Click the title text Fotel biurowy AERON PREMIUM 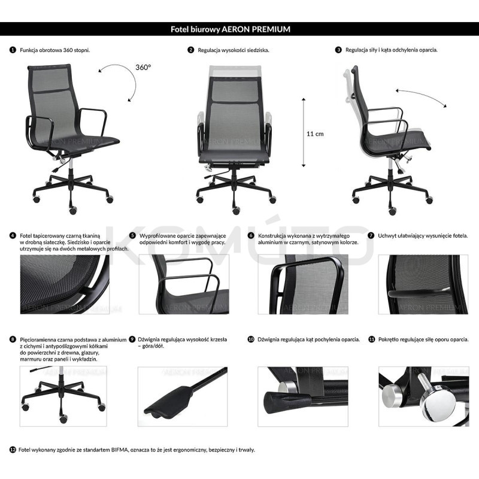[x=239, y=29]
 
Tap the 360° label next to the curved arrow [x=143, y=68]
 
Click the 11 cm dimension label [x=315, y=134]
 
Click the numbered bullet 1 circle [x=13, y=50]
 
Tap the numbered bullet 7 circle [x=371, y=235]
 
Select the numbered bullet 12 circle [x=13, y=449]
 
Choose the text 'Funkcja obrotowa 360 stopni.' [x=59, y=50]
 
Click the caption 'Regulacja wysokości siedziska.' [x=234, y=50]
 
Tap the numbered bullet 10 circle [x=251, y=339]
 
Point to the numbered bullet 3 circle [x=339, y=50]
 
